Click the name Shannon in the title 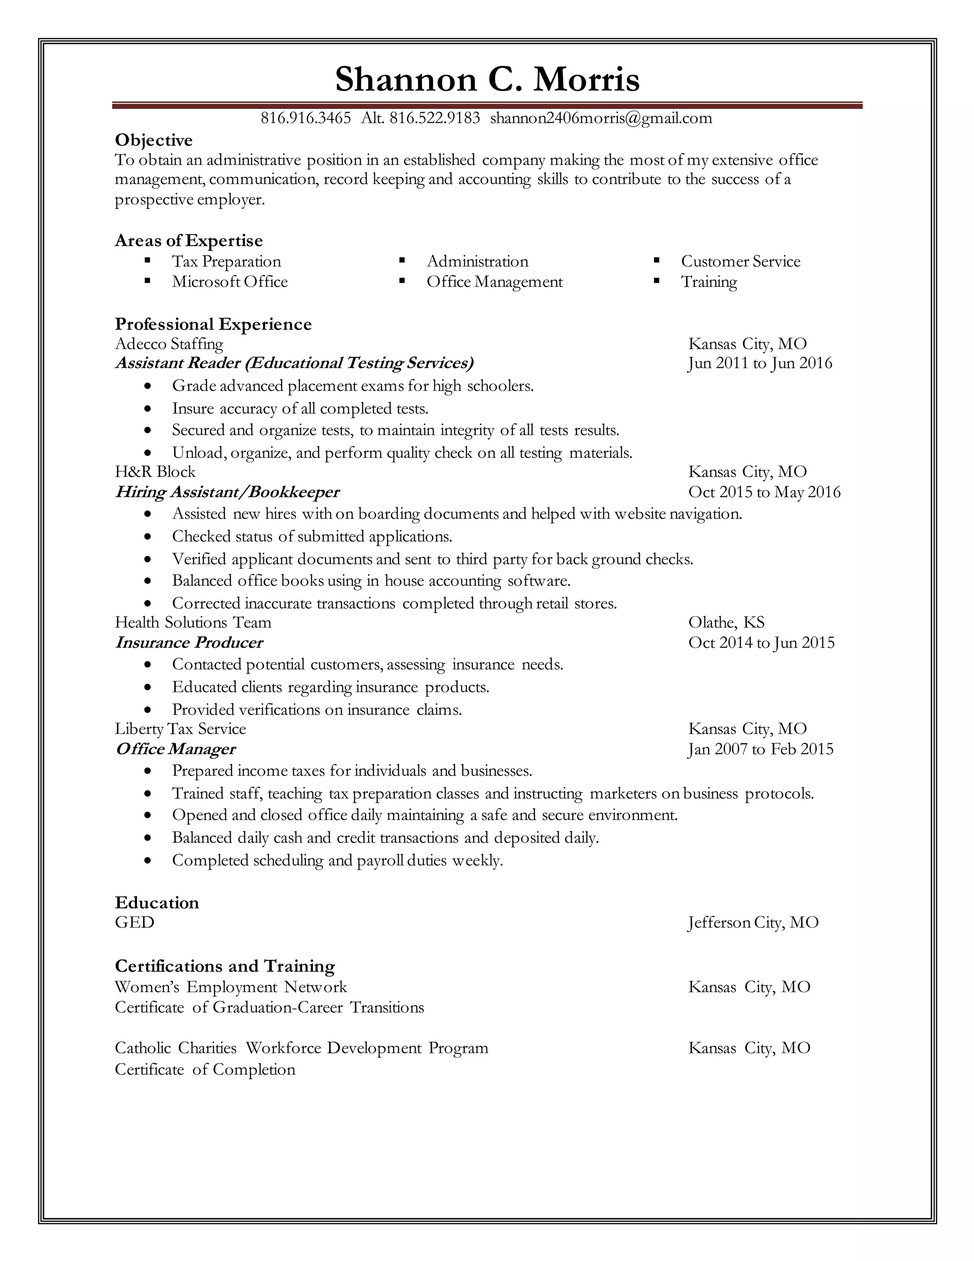[406, 79]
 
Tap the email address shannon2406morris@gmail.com [601, 118]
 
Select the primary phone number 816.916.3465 [305, 118]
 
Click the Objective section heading [154, 140]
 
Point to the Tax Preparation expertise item [226, 262]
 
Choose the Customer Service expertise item [740, 262]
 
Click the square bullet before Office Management [402, 281]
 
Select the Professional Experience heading [213, 324]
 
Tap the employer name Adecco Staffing [168, 344]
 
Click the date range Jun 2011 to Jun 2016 [760, 363]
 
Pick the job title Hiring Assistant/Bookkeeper [227, 492]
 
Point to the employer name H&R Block [155, 472]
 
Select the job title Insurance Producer [189, 642]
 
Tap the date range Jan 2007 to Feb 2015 [760, 749]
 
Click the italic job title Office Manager [175, 749]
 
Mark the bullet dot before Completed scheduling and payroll [149, 861]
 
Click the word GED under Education [135, 923]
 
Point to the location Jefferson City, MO [753, 923]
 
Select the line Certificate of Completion [205, 1070]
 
